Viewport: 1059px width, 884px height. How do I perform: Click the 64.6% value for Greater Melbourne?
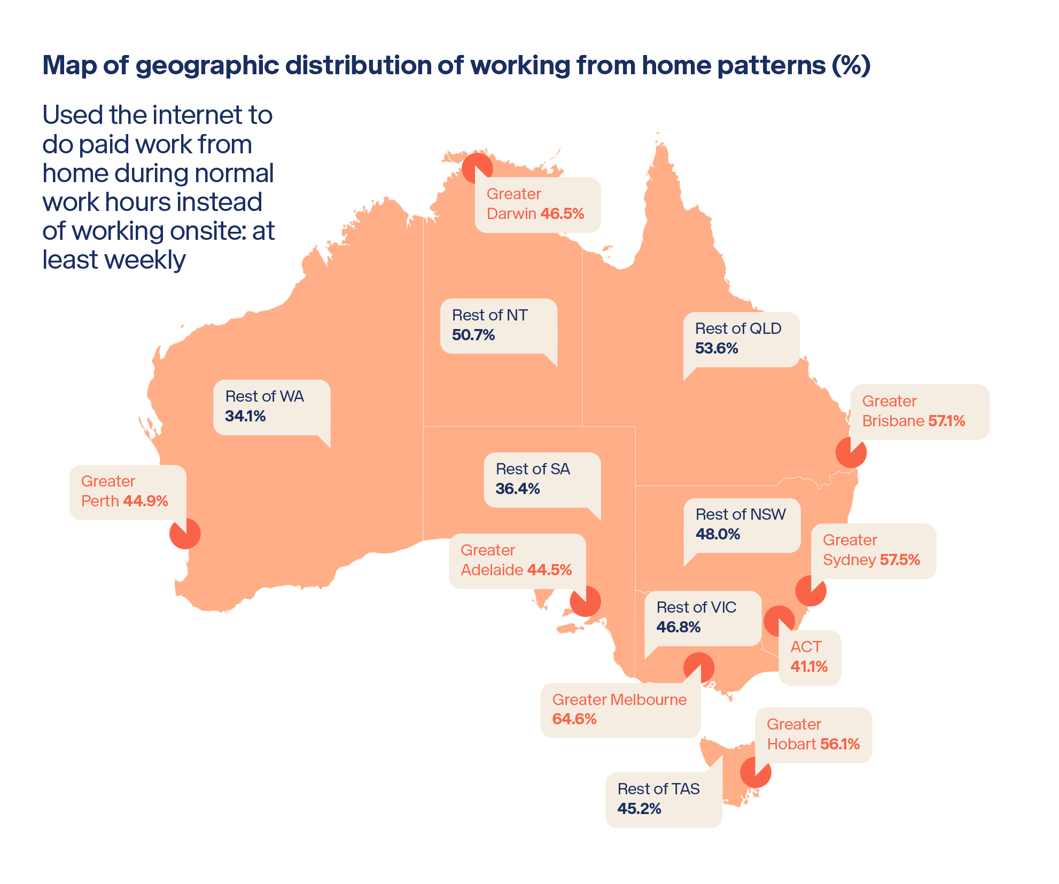coord(574,719)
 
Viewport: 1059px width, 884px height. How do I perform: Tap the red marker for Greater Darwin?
coord(476,168)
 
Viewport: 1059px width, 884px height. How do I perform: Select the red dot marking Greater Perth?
coord(185,533)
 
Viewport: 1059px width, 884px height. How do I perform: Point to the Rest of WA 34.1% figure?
coord(245,416)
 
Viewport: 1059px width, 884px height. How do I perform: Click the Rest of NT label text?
coord(489,315)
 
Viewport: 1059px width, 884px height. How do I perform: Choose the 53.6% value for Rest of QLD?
coord(716,348)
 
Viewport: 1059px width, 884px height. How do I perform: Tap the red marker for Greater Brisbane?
coord(851,452)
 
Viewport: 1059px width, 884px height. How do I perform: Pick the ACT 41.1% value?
coord(809,667)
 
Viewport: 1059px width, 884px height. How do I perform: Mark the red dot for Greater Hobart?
coord(756,772)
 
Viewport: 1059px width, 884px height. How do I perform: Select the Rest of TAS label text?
coord(658,789)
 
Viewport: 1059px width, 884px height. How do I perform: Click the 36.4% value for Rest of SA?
coord(517,489)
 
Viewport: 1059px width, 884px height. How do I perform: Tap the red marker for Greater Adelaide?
coord(585,601)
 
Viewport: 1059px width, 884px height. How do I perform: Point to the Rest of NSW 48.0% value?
coord(718,534)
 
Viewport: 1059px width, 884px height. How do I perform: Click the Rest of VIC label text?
coord(696,607)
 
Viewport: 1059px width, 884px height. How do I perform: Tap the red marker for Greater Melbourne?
coord(698,668)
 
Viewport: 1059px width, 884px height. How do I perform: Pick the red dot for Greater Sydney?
coord(811,590)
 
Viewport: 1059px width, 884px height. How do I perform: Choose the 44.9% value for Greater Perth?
coord(145,501)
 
